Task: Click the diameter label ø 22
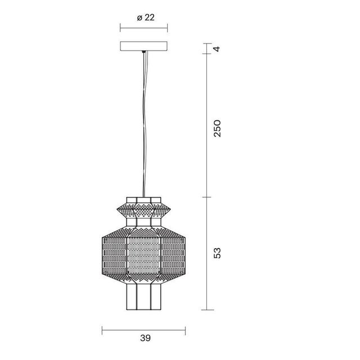point(146,17)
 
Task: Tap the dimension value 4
point(217,49)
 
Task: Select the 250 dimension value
point(217,129)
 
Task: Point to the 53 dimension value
point(217,253)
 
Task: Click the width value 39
point(146,338)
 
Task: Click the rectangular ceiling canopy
point(144,46)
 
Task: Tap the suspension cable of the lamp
point(144,124)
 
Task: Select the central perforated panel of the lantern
point(144,255)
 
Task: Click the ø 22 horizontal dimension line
point(144,28)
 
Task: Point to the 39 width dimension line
point(144,330)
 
